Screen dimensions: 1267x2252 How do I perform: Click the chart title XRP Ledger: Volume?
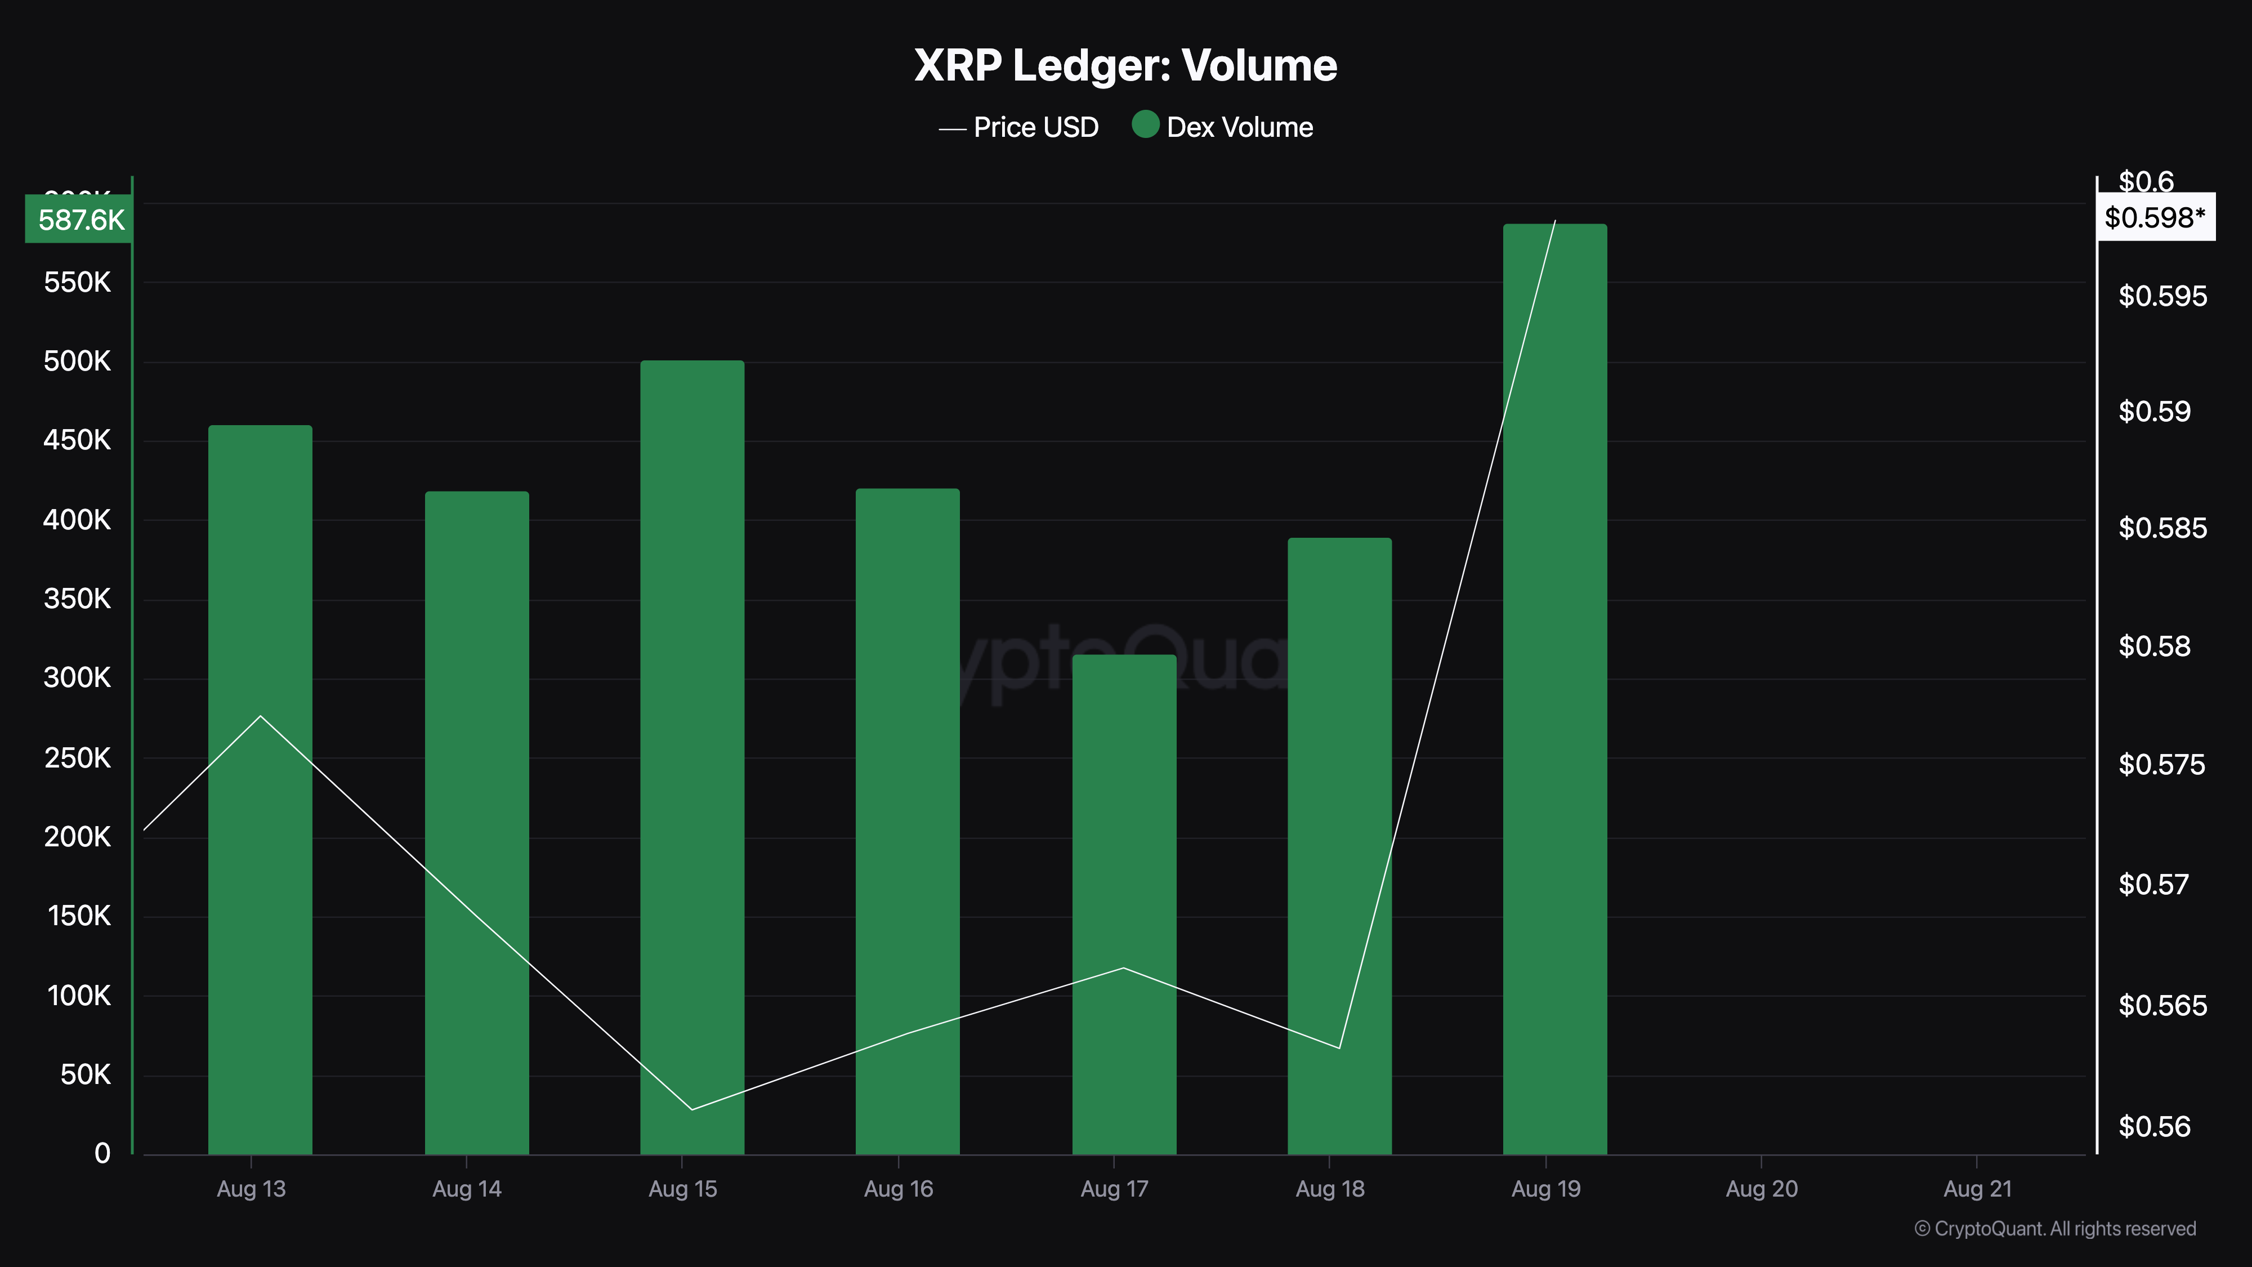click(1125, 65)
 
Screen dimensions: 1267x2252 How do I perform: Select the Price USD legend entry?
click(1020, 128)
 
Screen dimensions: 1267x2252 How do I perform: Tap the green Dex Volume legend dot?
click(1145, 125)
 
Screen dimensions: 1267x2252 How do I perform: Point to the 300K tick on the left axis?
click(78, 677)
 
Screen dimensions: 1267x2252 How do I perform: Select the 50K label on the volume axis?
click(86, 1074)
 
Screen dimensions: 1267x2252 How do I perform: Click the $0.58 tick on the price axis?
click(2154, 647)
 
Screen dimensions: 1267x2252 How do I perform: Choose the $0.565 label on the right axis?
click(2162, 1006)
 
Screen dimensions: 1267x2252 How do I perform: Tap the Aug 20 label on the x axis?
click(1761, 1189)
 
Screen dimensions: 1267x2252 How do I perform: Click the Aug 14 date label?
click(467, 1189)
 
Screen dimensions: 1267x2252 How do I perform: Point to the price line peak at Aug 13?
click(261, 716)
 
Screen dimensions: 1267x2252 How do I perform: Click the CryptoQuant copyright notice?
click(2054, 1229)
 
